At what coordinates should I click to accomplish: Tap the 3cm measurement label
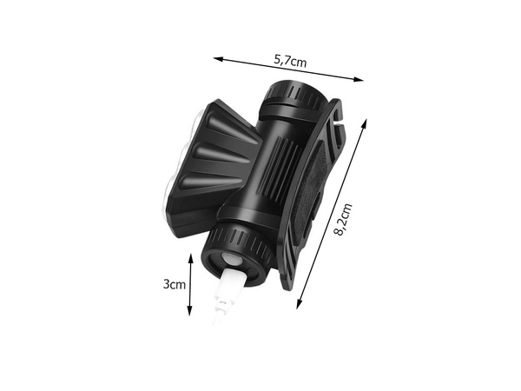point(175,284)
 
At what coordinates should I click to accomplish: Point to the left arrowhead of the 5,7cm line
point(217,58)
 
